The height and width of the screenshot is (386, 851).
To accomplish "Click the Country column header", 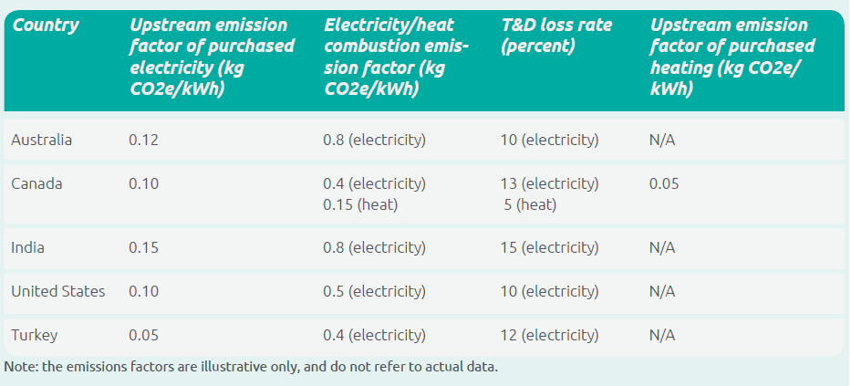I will click(45, 25).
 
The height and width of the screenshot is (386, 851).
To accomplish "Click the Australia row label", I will click(41, 141).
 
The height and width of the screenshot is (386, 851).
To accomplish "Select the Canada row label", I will click(36, 183).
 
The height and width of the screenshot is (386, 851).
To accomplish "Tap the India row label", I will click(27, 247).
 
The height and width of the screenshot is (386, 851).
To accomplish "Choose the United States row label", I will click(57, 291).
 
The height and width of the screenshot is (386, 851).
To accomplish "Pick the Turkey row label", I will click(34, 335).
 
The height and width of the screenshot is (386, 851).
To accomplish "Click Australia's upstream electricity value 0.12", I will click(143, 141).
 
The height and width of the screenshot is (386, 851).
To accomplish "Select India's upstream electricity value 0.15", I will click(143, 247).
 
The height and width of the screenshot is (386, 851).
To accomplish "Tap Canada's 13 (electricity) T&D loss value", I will click(550, 183).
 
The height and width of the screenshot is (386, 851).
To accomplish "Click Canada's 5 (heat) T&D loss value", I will click(530, 204).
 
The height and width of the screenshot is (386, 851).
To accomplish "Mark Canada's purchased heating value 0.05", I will click(664, 183).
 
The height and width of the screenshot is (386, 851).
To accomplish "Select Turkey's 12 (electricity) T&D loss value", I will click(550, 335).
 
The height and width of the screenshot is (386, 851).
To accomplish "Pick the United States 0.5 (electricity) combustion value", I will click(374, 291).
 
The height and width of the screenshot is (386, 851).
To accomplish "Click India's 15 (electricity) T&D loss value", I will click(550, 247).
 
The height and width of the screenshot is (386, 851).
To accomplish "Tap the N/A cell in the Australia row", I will click(662, 141).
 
